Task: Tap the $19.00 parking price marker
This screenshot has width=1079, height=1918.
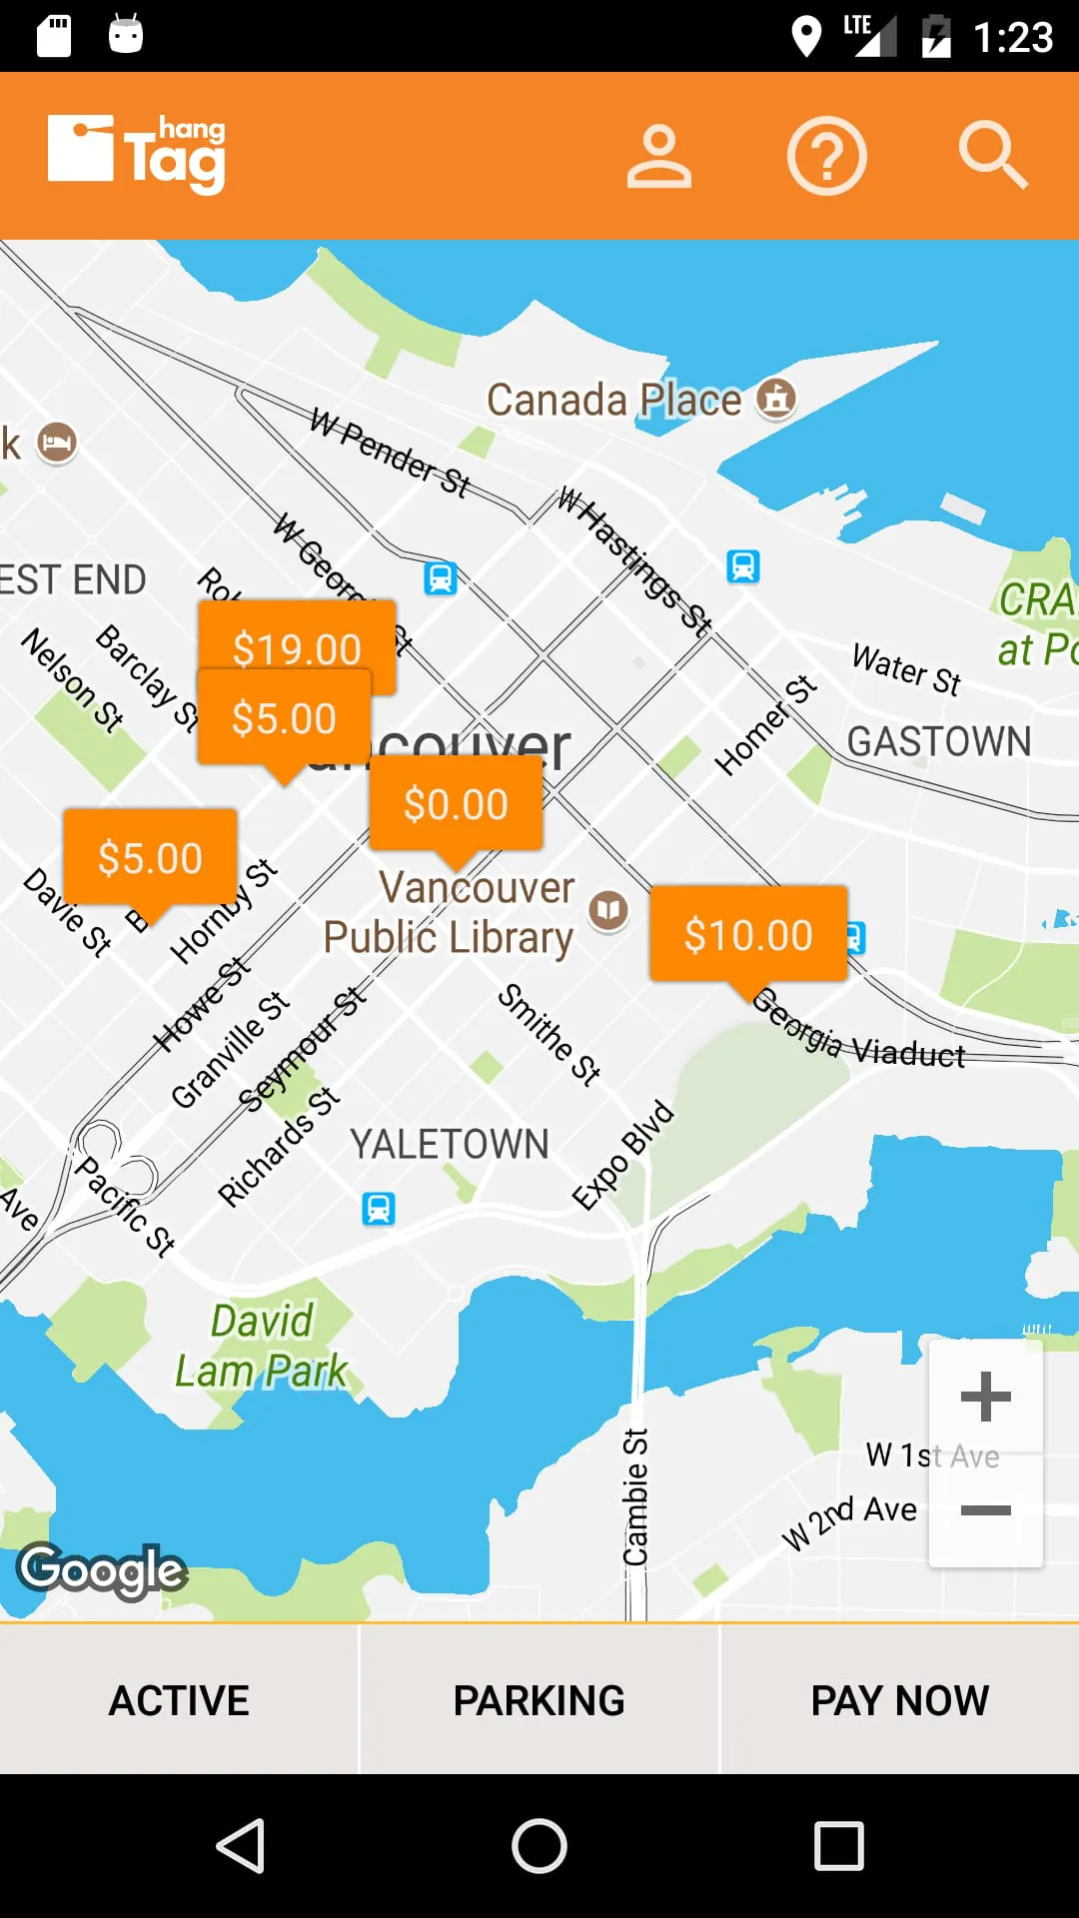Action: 297,634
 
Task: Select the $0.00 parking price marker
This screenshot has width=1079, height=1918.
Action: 456,803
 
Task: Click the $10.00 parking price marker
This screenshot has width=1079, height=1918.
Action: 748,934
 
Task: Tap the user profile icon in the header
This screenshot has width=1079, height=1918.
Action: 658,156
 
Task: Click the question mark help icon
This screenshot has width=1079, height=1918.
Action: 826,156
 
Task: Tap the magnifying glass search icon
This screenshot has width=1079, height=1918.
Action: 992,156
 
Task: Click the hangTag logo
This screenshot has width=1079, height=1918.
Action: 137,154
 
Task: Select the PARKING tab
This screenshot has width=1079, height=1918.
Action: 539,1700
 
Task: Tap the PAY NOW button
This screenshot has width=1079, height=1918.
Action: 899,1700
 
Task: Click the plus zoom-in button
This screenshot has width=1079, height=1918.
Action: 986,1397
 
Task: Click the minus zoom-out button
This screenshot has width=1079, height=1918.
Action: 986,1510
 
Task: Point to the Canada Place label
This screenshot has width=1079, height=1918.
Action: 613,400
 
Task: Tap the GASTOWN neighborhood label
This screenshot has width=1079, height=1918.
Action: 939,741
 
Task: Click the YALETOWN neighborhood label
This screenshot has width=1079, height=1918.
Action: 450,1144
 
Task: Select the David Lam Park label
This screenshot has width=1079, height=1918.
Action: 262,1346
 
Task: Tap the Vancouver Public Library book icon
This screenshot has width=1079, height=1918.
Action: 608,910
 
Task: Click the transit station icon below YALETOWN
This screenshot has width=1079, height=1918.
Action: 379,1209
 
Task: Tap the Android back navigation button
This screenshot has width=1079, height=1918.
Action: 241,1845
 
